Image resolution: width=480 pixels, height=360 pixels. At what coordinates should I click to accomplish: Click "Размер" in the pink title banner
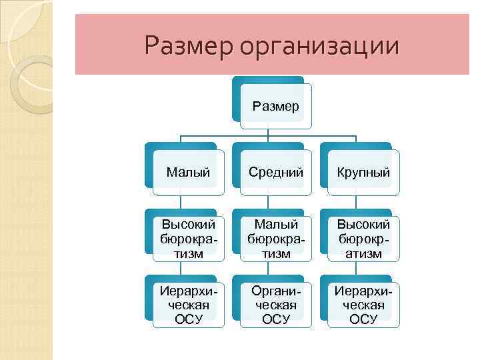(189, 46)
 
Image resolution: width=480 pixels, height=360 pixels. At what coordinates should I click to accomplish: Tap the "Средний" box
(275, 173)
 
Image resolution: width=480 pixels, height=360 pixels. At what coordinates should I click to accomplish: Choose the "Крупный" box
(363, 173)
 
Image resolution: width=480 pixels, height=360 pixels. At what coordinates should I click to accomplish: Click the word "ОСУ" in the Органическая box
(276, 319)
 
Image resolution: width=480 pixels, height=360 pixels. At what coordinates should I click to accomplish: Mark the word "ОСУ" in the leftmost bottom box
(188, 319)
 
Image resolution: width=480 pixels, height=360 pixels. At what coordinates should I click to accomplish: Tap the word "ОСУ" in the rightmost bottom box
(363, 319)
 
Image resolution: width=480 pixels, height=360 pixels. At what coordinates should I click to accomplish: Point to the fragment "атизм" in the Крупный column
(363, 253)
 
